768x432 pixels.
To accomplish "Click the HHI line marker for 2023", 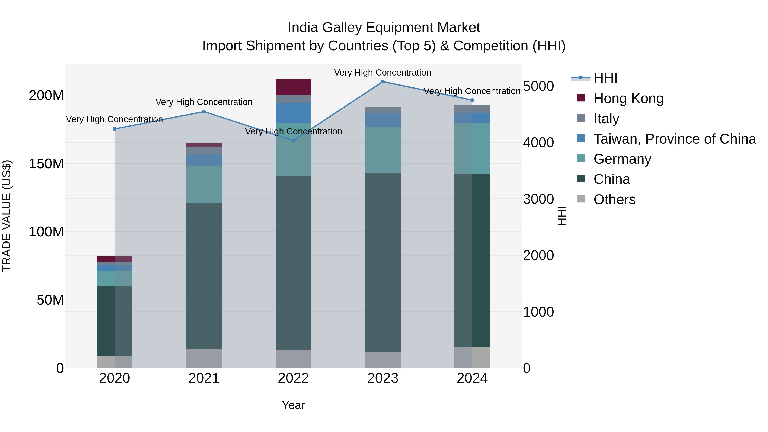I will pyautogui.click(x=383, y=81).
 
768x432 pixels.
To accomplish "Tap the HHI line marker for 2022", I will pyautogui.click(x=293, y=140).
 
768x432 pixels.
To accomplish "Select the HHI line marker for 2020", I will pyautogui.click(x=115, y=129).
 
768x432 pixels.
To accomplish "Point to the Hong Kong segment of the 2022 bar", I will pyautogui.click(x=293, y=87).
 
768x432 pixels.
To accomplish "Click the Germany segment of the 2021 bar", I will pyautogui.click(x=204, y=184).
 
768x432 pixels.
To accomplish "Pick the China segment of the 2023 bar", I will pyautogui.click(x=383, y=262).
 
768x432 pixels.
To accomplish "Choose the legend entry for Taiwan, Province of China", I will pyautogui.click(x=674, y=139).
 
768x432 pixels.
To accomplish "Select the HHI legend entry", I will pyautogui.click(x=605, y=78).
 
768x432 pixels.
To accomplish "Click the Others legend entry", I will pyautogui.click(x=614, y=199).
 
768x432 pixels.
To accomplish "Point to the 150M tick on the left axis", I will pyautogui.click(x=46, y=164).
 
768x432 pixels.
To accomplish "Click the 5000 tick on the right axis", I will pyautogui.click(x=538, y=86).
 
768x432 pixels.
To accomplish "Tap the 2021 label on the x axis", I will pyautogui.click(x=204, y=378).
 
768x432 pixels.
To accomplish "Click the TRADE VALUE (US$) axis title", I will pyautogui.click(x=7, y=216).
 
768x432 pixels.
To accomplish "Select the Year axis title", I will pyautogui.click(x=293, y=405).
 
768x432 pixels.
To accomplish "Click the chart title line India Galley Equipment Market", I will pyautogui.click(x=384, y=28).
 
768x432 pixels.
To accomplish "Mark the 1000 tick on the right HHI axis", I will pyautogui.click(x=538, y=312).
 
